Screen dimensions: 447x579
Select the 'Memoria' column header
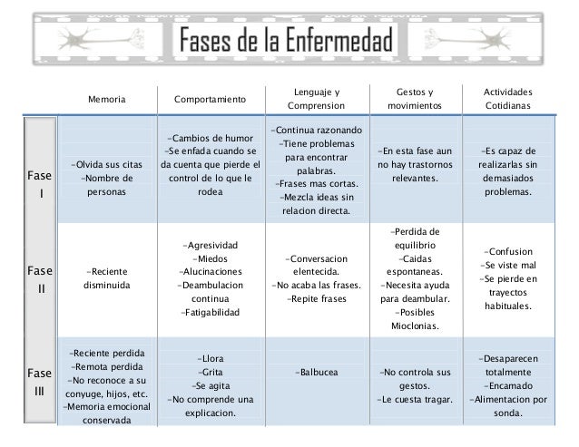tap(107, 98)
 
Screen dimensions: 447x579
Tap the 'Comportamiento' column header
tap(210, 98)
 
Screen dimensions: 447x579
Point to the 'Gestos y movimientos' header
tap(416, 98)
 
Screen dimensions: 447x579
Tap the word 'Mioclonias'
tap(416, 326)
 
